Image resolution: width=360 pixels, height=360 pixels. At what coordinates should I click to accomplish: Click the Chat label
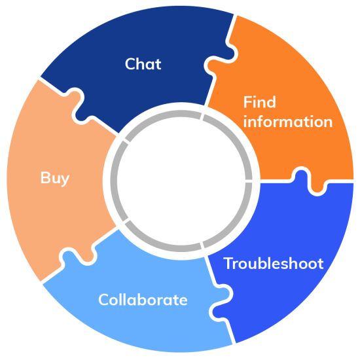(x=143, y=64)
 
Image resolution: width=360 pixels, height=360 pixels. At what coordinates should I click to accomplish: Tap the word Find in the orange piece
(x=260, y=102)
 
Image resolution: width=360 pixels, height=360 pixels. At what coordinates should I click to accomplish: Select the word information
(x=288, y=122)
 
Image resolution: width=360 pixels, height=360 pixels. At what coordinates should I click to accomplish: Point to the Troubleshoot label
(x=274, y=264)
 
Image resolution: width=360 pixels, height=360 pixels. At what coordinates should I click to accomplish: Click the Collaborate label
(x=143, y=300)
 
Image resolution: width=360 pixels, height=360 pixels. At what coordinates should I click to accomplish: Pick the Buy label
(x=54, y=178)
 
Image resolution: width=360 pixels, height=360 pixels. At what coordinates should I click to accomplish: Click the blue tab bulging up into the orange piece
(x=302, y=175)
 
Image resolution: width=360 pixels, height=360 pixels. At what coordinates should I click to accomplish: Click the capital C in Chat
(x=130, y=64)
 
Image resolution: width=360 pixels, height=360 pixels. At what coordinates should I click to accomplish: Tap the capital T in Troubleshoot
(x=228, y=264)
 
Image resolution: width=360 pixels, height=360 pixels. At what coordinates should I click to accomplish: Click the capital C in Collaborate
(x=103, y=300)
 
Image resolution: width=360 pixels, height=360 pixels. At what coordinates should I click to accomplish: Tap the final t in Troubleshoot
(x=320, y=264)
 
